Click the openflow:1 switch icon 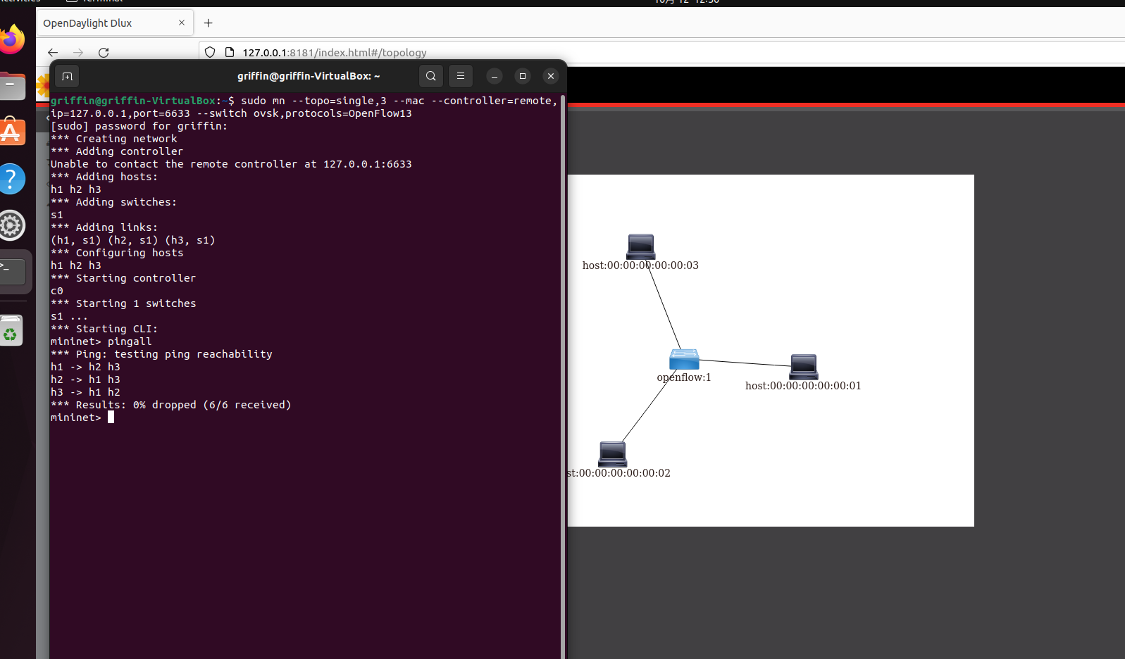click(684, 359)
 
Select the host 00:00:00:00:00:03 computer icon click(641, 246)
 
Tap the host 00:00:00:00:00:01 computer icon click(804, 366)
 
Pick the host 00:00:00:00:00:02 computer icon click(612, 453)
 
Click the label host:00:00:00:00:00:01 click(803, 385)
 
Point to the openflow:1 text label click(684, 377)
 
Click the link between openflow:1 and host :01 click(745, 363)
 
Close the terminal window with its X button click(551, 76)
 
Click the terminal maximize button click(522, 76)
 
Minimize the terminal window click(495, 76)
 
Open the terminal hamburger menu click(461, 76)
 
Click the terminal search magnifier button click(431, 76)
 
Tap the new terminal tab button click(68, 76)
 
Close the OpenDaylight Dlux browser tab click(182, 23)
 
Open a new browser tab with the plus click(209, 23)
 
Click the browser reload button click(104, 53)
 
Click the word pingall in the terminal click(130, 341)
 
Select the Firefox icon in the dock click(12, 39)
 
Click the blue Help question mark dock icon click(12, 179)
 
